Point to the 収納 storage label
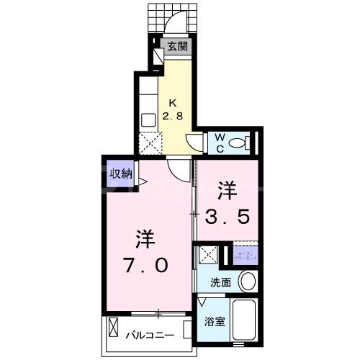(x=120, y=173)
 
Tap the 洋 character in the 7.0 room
(x=144, y=238)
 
